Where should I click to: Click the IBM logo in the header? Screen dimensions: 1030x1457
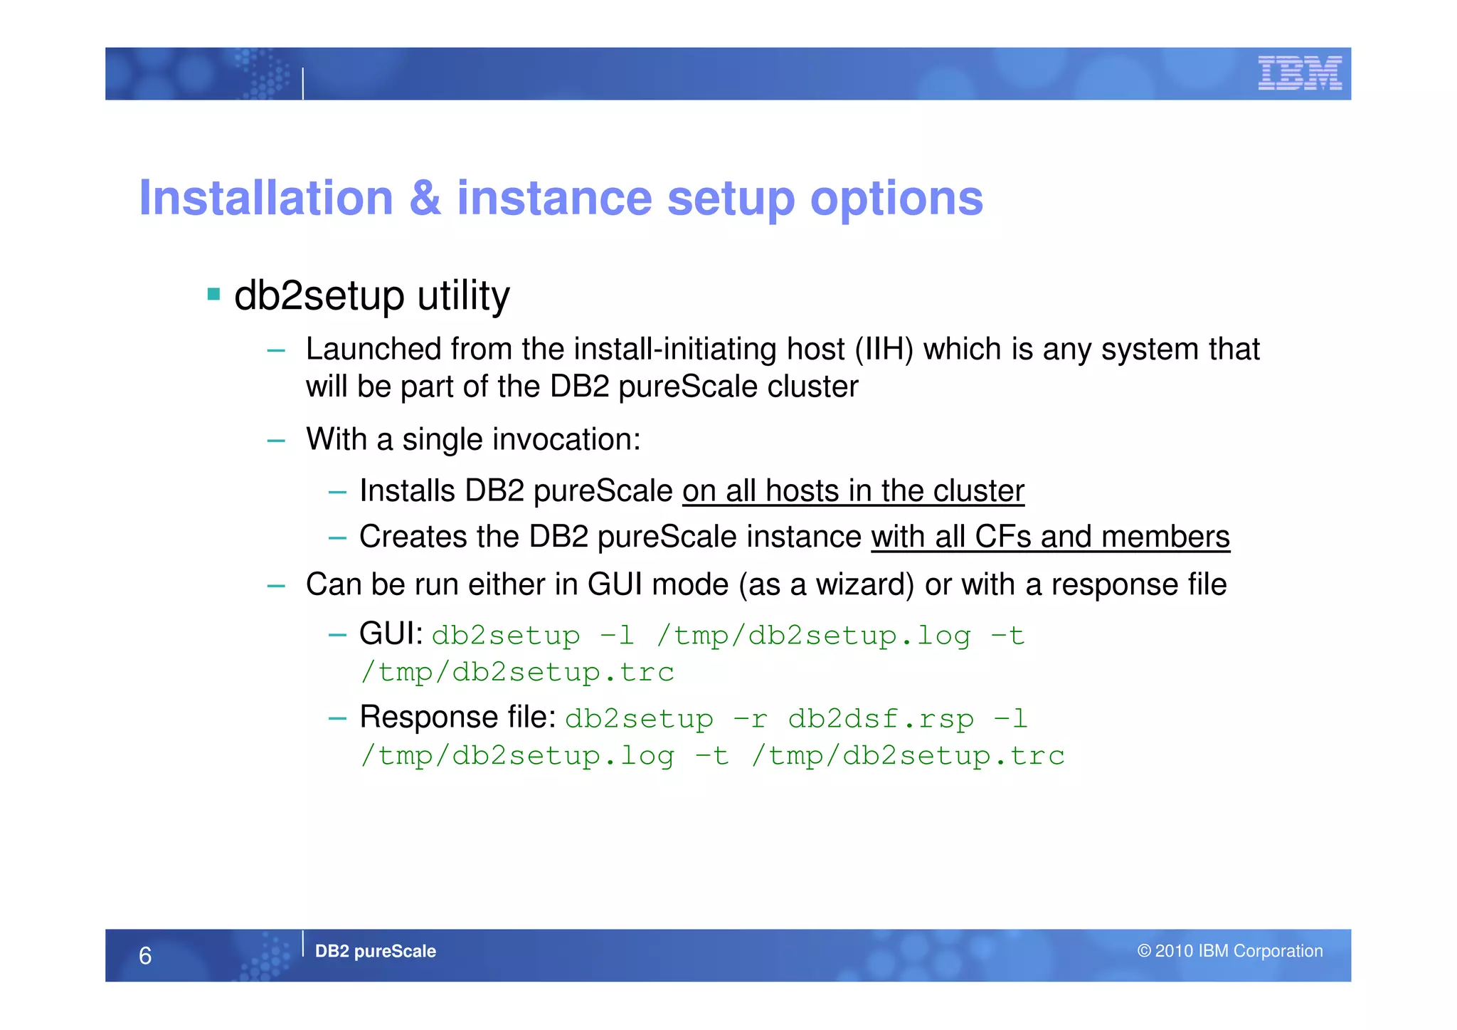[1299, 73]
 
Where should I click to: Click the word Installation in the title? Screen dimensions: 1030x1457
[266, 198]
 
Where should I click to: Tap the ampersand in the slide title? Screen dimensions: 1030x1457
[425, 198]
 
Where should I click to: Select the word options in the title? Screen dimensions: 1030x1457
[896, 199]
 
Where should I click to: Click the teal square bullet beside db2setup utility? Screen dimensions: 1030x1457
[213, 293]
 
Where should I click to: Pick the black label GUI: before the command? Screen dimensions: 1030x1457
[391, 634]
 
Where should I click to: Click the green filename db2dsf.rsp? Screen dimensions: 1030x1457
[881, 719]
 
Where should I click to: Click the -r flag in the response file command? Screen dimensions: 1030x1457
[750, 719]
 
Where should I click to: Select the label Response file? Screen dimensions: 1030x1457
[457, 717]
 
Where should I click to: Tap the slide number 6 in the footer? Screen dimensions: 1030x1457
[145, 955]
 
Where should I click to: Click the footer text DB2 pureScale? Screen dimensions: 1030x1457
[375, 951]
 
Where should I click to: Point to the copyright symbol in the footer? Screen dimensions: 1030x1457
[1143, 951]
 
